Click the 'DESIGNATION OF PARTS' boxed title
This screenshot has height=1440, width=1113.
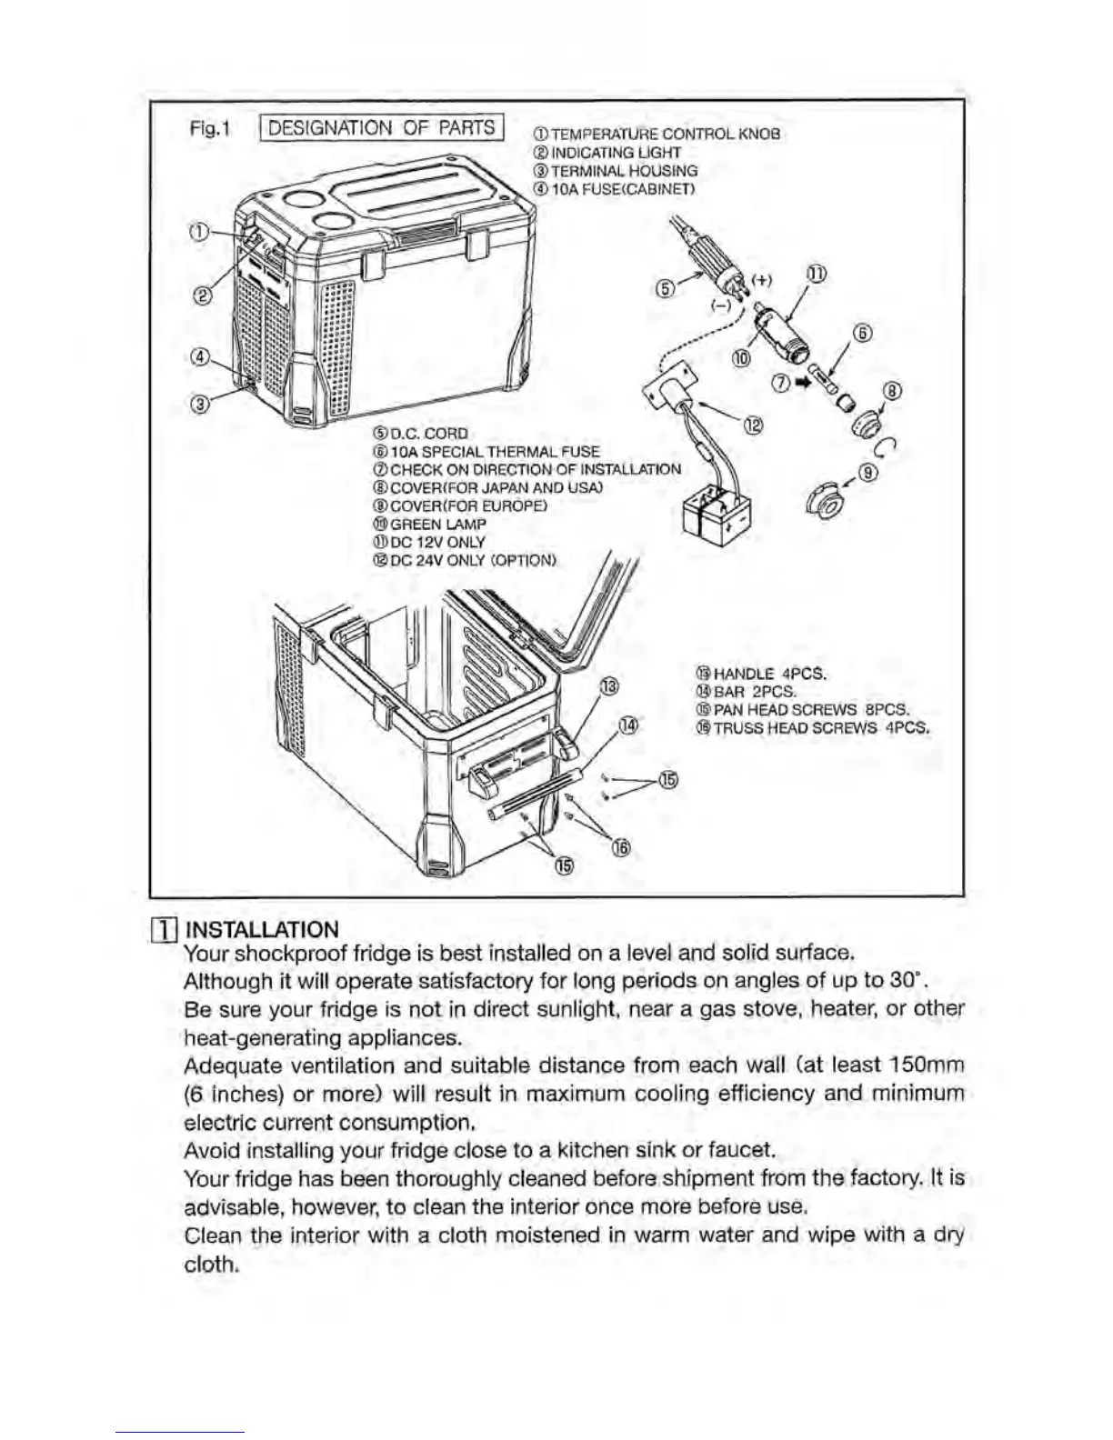382,127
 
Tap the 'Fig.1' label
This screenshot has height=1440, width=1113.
211,128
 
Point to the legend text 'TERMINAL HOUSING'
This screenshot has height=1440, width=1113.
624,170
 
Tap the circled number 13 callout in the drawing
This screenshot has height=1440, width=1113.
609,685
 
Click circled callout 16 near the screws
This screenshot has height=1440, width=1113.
621,847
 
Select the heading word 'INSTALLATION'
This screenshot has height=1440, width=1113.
261,929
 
